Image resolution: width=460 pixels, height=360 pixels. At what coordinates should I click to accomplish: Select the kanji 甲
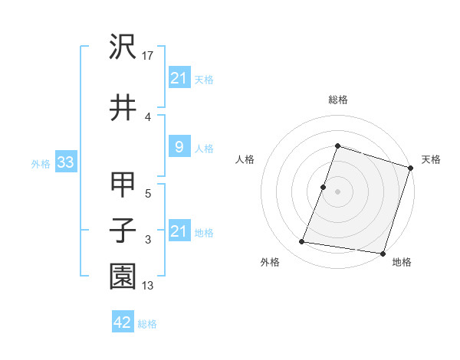123,185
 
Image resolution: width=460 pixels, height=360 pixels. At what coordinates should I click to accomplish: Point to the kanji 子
123,229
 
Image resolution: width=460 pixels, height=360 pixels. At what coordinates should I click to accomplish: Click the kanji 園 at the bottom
123,275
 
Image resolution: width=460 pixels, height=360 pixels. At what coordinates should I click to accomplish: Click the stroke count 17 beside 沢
149,55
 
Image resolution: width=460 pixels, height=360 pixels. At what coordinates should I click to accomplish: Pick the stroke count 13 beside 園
149,286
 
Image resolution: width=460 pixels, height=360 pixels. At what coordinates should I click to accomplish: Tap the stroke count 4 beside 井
147,116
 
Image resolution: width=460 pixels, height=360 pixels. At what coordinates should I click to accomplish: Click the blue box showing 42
122,322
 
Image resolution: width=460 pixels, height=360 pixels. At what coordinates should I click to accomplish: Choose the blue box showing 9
179,147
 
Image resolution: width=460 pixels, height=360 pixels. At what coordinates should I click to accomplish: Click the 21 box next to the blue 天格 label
179,78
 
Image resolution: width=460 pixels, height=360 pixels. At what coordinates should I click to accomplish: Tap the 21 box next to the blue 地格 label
179,231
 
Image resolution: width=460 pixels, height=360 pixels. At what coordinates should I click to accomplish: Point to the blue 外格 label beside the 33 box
41,163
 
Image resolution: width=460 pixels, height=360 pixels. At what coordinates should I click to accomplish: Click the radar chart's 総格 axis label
337,100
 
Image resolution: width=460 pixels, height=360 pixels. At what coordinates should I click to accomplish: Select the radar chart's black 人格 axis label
245,159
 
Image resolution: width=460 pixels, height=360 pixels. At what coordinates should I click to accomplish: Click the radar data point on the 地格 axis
382,253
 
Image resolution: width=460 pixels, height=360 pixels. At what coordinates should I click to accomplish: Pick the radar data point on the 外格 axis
302,242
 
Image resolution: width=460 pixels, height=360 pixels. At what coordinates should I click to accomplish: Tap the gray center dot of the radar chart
337,191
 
